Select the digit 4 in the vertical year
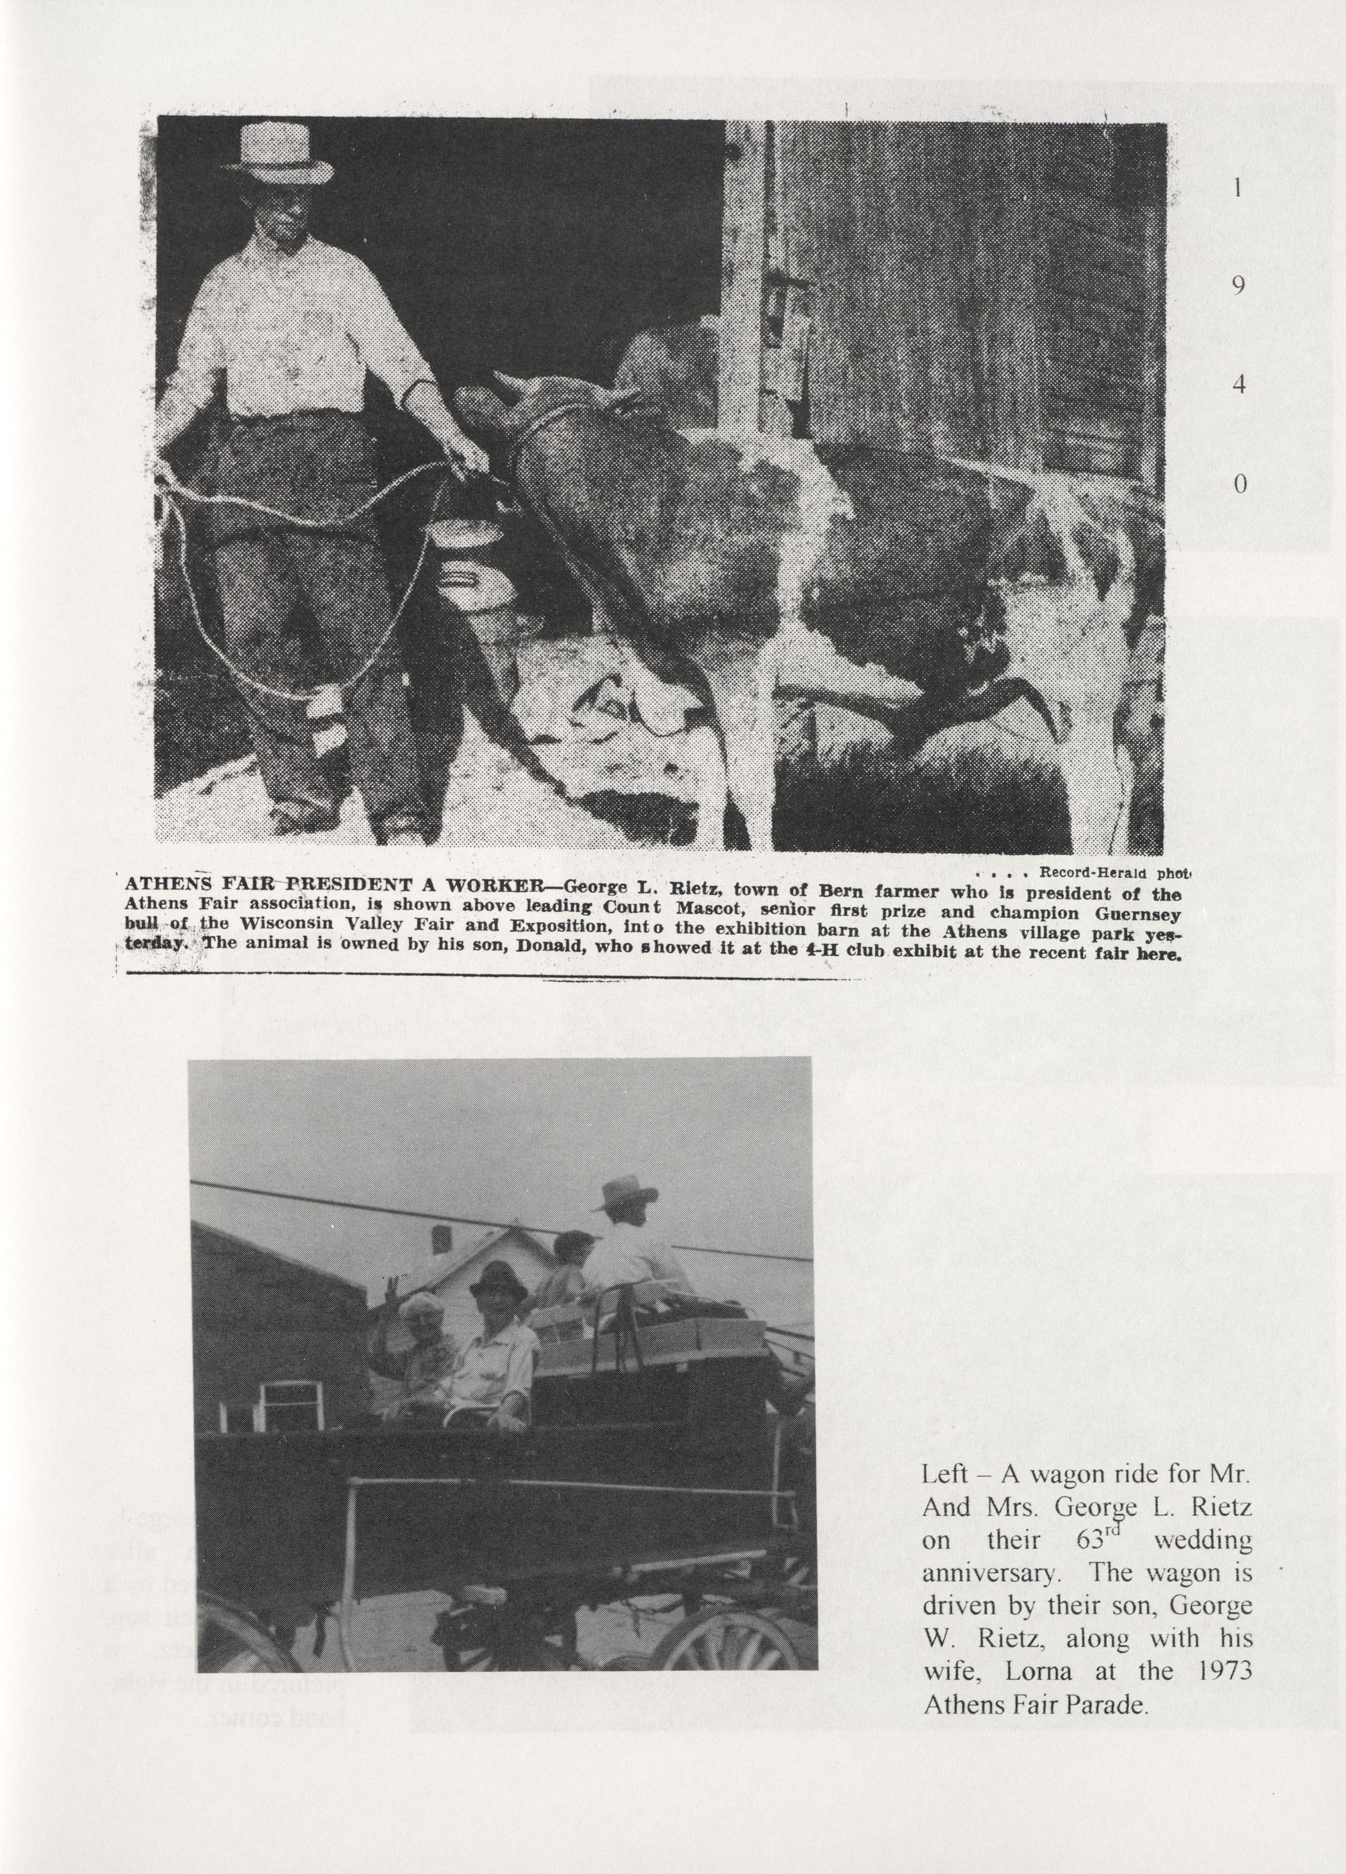(1238, 386)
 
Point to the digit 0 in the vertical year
(1239, 485)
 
